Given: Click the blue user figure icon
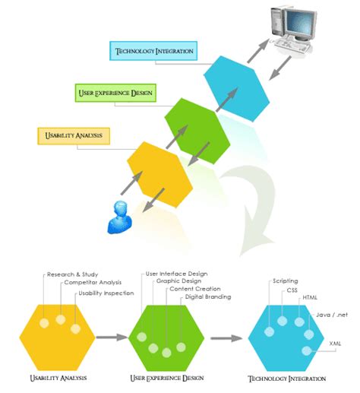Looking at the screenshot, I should tap(120, 217).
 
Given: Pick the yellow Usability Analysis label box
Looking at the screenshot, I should tap(74, 136).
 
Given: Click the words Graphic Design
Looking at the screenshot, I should tap(178, 280).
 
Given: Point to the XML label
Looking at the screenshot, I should tap(335, 343).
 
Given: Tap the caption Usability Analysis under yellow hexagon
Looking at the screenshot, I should tap(58, 378).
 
